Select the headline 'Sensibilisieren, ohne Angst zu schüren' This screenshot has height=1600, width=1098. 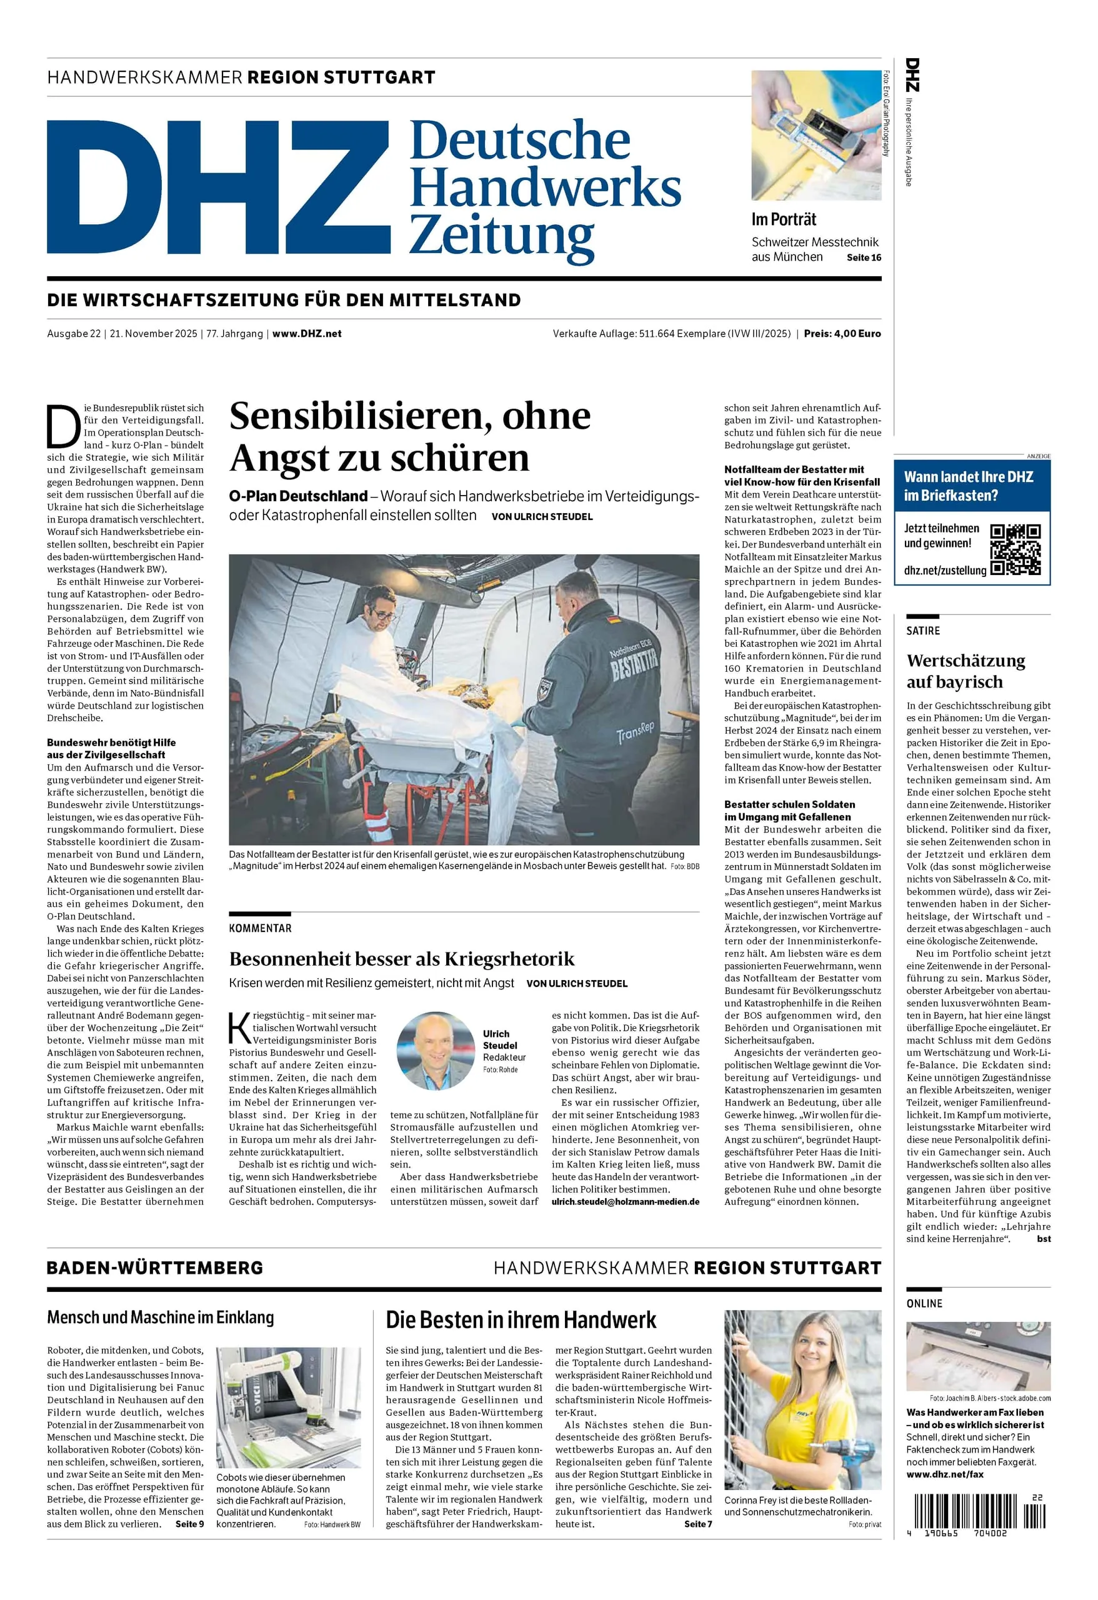(411, 436)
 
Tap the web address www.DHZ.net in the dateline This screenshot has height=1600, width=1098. (306, 334)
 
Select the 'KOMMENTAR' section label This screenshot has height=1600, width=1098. (260, 928)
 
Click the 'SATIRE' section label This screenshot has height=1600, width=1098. (922, 631)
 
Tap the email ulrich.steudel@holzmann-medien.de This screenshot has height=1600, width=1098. (625, 1201)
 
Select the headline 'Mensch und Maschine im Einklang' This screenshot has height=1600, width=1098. (161, 1317)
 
